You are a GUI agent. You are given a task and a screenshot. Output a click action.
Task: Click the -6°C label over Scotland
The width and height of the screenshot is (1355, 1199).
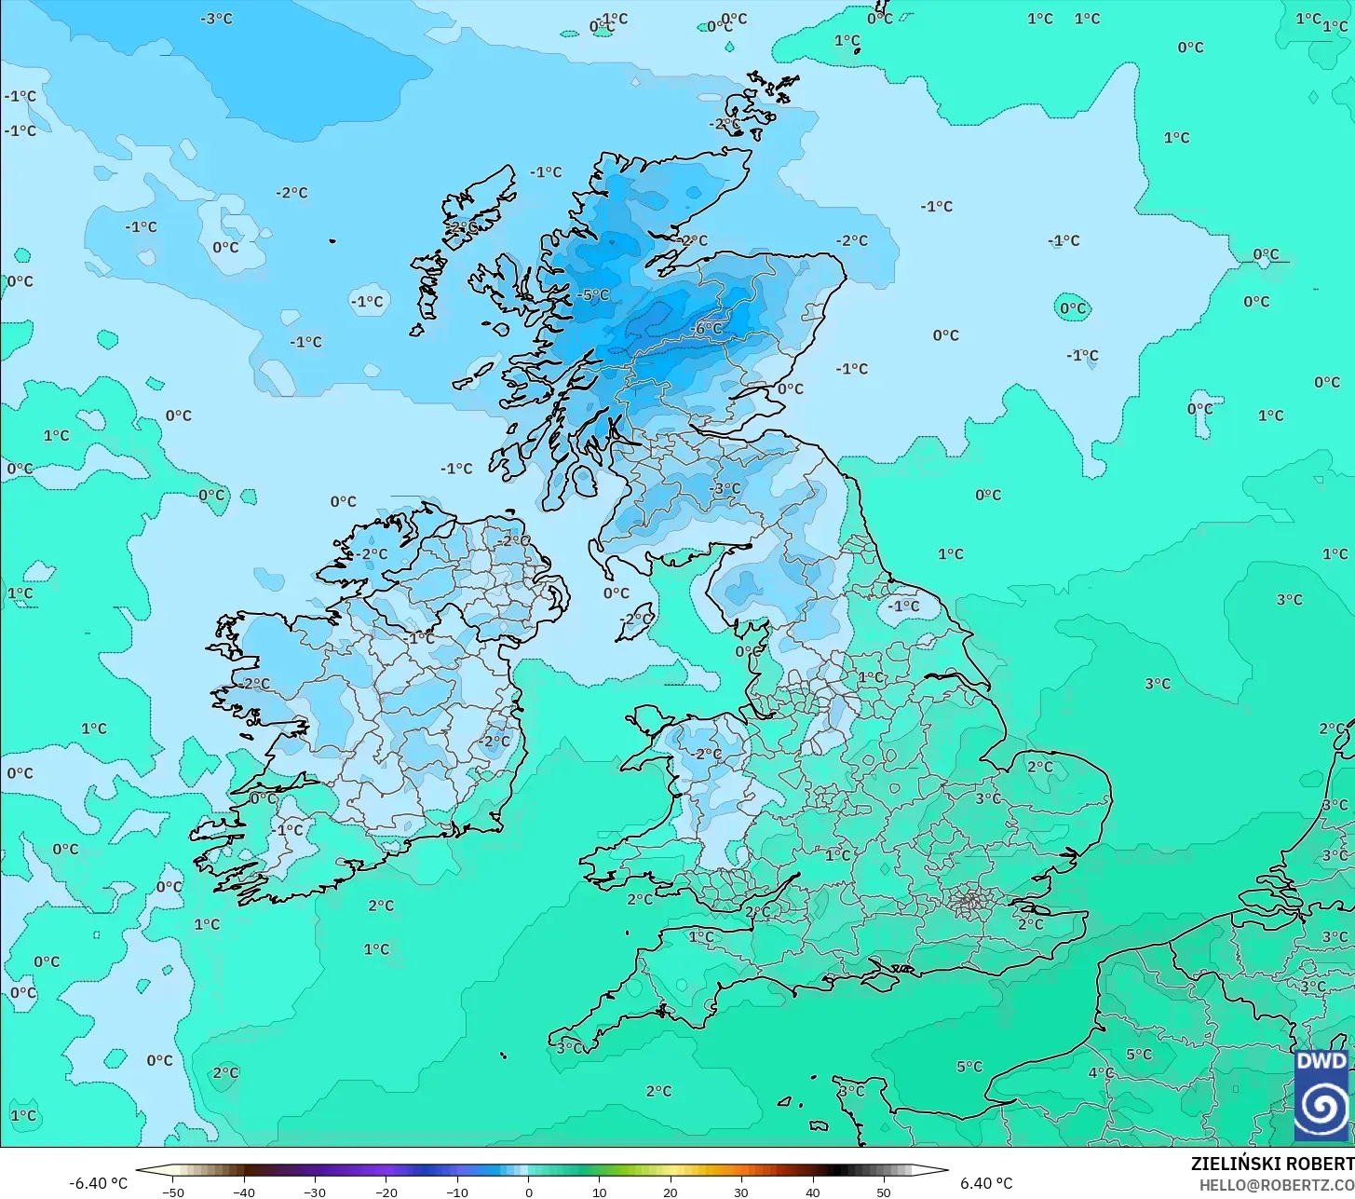(x=708, y=329)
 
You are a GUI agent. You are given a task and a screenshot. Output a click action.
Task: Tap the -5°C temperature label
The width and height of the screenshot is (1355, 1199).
(x=593, y=295)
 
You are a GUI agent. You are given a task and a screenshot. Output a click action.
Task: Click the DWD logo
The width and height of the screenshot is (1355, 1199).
(x=1321, y=1094)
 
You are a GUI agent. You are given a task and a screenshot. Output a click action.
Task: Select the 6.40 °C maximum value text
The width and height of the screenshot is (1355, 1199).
(x=986, y=1183)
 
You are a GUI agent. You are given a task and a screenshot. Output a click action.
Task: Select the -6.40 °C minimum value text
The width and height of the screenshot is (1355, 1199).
(x=99, y=1183)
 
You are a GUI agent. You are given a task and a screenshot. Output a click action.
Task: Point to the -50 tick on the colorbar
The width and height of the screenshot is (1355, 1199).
(x=172, y=1192)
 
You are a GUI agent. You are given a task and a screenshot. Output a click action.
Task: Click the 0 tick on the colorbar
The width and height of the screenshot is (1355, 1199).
(x=528, y=1192)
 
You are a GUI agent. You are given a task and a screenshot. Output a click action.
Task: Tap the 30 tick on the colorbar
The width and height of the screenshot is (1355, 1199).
(x=741, y=1192)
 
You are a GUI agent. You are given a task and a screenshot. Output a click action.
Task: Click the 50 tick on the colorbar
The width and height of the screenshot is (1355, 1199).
(x=884, y=1192)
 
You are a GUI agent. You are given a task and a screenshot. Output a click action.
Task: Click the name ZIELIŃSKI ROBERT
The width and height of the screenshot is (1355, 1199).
(x=1272, y=1164)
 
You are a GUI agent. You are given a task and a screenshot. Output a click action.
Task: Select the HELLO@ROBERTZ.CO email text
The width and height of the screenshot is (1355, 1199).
(x=1276, y=1185)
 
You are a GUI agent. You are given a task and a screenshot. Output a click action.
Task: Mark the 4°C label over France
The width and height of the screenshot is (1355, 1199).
(x=1101, y=1072)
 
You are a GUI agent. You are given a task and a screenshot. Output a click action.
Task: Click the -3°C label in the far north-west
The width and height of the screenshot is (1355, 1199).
(x=217, y=19)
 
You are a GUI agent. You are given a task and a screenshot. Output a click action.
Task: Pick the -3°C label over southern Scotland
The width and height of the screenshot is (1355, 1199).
(x=725, y=488)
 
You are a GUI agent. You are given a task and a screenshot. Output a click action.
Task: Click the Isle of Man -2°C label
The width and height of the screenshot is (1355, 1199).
(x=637, y=620)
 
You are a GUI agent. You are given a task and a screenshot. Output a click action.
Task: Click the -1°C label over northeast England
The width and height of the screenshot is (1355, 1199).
(x=902, y=606)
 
